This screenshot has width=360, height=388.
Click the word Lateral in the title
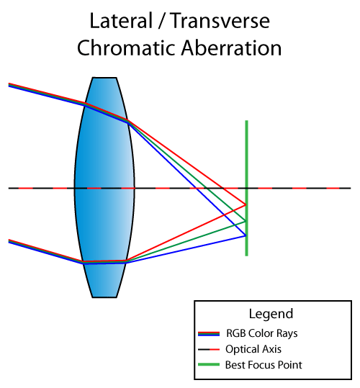pyautogui.click(x=121, y=21)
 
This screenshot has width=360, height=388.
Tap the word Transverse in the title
pyautogui.click(x=220, y=21)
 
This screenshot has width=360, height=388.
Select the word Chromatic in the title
pyautogui.click(x=126, y=48)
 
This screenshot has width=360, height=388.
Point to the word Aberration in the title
pyautogui.click(x=231, y=48)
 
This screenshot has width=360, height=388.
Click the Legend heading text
pyautogui.click(x=271, y=314)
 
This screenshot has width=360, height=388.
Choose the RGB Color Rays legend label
pyautogui.click(x=262, y=333)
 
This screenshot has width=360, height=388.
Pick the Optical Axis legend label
pyautogui.click(x=253, y=349)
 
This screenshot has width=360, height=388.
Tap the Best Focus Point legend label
pyautogui.click(x=264, y=365)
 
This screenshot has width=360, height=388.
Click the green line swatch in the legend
pyautogui.click(x=209, y=364)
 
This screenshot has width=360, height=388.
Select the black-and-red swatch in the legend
pyautogui.click(x=209, y=349)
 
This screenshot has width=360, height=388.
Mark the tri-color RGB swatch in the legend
pyautogui.click(x=209, y=334)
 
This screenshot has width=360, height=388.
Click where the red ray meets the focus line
pyautogui.click(x=246, y=204)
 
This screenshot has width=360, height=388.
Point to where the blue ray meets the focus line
pyautogui.click(x=246, y=235)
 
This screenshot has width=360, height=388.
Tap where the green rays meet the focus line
pyautogui.click(x=246, y=221)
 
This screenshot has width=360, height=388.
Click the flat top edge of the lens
pyautogui.click(x=104, y=78)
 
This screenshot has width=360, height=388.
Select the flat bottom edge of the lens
pyautogui.click(x=104, y=297)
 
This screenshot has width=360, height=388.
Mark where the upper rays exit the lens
pyautogui.click(x=127, y=121)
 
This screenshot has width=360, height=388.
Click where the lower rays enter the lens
pyautogui.click(x=84, y=262)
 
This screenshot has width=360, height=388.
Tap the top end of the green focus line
pyautogui.click(x=246, y=121)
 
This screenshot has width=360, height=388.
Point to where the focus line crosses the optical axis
pyautogui.click(x=246, y=189)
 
